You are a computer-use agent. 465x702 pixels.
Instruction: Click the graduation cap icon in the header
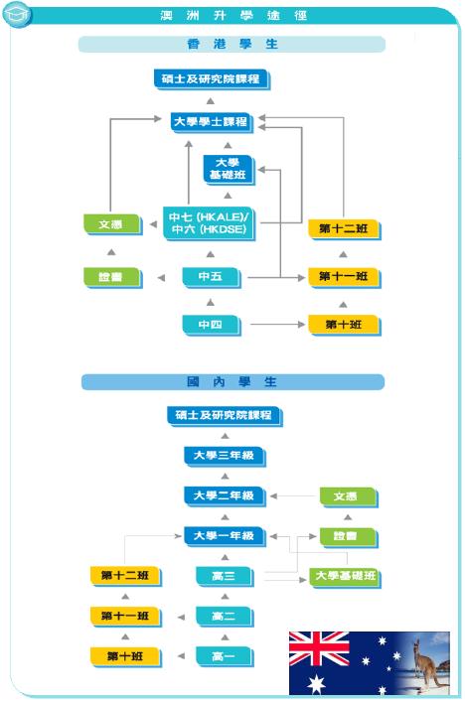pyautogui.click(x=16, y=14)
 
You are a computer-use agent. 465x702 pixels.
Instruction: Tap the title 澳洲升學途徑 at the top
pyautogui.click(x=233, y=16)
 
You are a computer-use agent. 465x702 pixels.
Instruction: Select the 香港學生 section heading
pyautogui.click(x=232, y=44)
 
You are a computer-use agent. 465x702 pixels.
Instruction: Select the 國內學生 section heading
pyautogui.click(x=232, y=382)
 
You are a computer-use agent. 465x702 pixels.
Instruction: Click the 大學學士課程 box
pyautogui.click(x=212, y=122)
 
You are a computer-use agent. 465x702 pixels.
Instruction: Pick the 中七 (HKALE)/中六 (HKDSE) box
pyautogui.click(x=210, y=223)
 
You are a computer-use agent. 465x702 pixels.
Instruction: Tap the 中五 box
pyautogui.click(x=211, y=277)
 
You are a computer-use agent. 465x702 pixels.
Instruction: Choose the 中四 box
pyautogui.click(x=211, y=325)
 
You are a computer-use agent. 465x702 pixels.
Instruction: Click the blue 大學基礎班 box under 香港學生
pyautogui.click(x=229, y=169)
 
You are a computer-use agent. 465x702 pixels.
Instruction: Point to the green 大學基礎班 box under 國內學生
pyautogui.click(x=346, y=577)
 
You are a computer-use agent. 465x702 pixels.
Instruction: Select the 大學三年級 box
pyautogui.click(x=225, y=456)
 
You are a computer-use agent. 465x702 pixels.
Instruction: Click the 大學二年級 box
pyautogui.click(x=225, y=496)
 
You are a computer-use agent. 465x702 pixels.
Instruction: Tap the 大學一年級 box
pyautogui.click(x=225, y=536)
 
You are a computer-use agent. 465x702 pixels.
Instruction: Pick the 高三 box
pyautogui.click(x=225, y=577)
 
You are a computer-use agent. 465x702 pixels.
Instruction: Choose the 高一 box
pyautogui.click(x=225, y=657)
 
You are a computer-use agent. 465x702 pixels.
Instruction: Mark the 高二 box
pyautogui.click(x=225, y=617)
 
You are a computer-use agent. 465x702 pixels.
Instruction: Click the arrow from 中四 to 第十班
pyautogui.click(x=278, y=324)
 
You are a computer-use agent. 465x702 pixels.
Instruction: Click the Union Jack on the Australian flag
pyautogui.click(x=319, y=648)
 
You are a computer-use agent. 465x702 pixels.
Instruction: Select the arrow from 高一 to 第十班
pyautogui.click(x=181, y=656)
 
